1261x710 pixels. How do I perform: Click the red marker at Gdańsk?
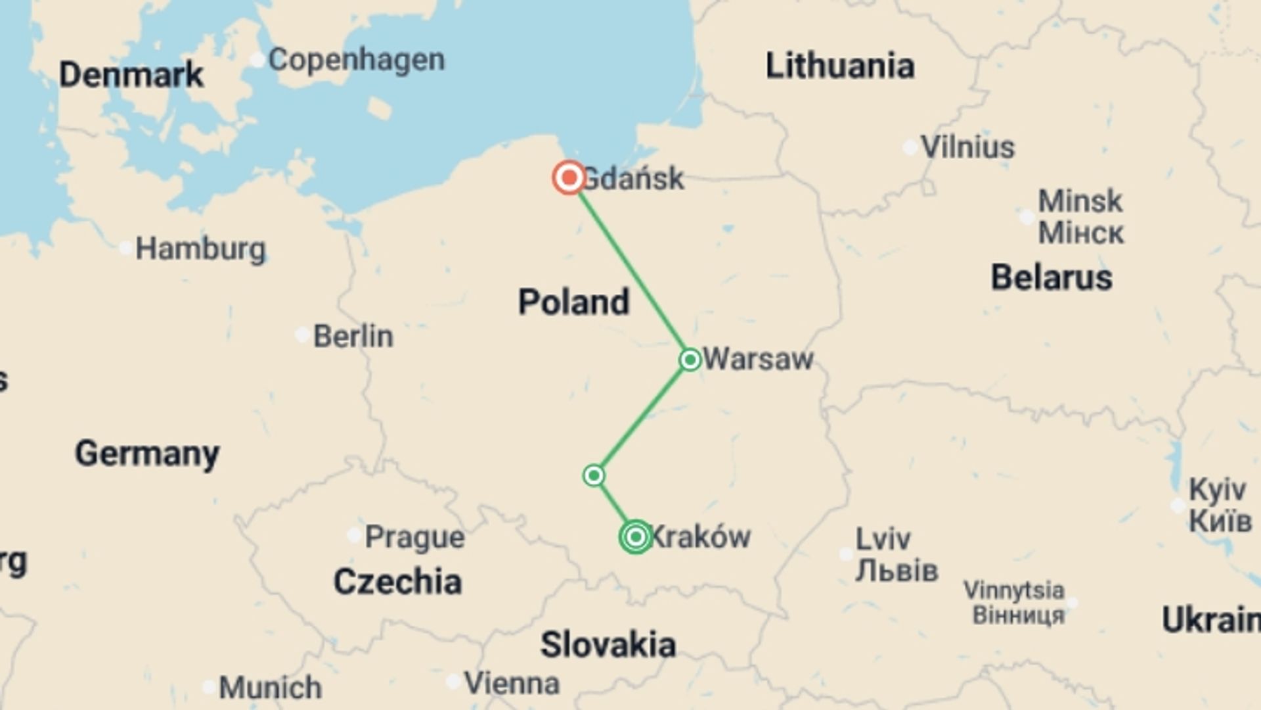pos(569,177)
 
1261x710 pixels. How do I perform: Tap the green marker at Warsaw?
pos(690,360)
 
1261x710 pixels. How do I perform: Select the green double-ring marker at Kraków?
pos(635,537)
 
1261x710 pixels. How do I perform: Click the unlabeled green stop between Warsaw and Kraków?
pos(594,475)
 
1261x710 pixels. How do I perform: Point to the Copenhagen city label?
pos(356,60)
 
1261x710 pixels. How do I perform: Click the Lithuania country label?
pos(840,66)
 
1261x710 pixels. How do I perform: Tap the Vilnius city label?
pos(967,147)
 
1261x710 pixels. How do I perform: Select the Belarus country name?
pos(1051,277)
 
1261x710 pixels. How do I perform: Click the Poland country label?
pos(573,302)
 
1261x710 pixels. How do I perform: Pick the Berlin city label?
pos(353,337)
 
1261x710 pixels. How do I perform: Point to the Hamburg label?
pos(200,249)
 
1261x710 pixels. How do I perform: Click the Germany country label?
pos(147,454)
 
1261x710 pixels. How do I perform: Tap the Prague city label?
pos(414,537)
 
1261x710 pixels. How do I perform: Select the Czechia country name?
pos(397,582)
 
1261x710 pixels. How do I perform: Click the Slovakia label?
pos(608,644)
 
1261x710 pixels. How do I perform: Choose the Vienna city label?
pos(512,684)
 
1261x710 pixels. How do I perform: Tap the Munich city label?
pos(270,688)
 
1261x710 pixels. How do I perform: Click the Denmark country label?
pos(131,75)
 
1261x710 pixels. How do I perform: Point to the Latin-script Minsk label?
pos(1080,201)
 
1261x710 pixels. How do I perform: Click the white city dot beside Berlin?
pos(302,335)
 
